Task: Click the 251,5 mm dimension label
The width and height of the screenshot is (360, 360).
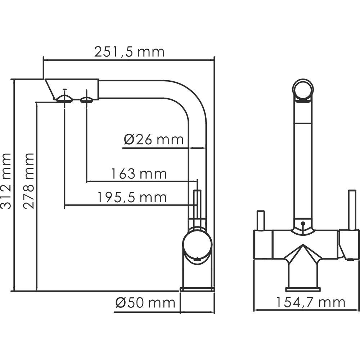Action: coord(130,52)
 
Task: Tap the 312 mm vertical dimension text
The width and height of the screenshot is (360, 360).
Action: coord(5,181)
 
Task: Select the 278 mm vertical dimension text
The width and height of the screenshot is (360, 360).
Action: coord(28,181)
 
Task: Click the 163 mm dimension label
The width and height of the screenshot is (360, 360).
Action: coord(139,174)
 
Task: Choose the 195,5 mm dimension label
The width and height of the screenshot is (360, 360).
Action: coord(132,197)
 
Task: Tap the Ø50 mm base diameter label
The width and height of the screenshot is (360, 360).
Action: coord(145,303)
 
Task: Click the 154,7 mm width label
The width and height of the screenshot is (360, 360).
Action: coord(310,302)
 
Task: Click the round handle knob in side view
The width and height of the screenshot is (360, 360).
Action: coord(197,245)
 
